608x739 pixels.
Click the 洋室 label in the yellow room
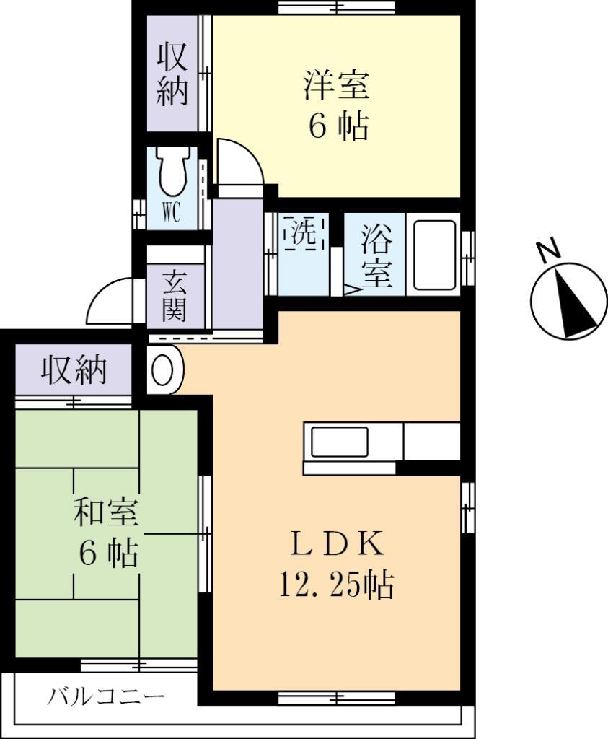(336, 86)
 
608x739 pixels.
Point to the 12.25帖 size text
(336, 585)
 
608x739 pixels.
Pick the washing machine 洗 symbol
(303, 233)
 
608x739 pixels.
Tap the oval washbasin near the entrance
(164, 371)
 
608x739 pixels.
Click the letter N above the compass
(549, 250)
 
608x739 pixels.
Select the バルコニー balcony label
(107, 697)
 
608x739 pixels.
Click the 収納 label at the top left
(172, 74)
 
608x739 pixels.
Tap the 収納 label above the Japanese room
(74, 370)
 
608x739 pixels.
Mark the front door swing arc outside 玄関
(108, 303)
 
